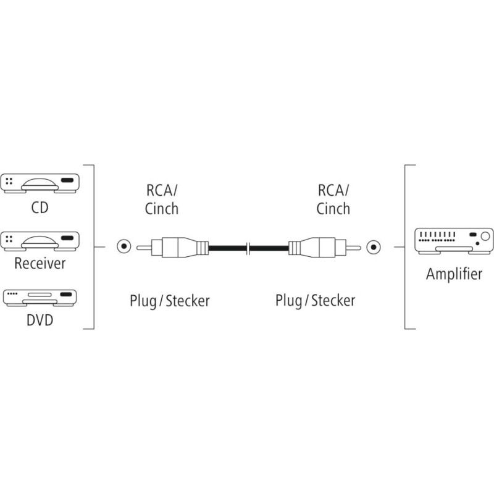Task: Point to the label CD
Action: coord(40,207)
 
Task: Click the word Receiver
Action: coord(40,264)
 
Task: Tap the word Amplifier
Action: coord(454,274)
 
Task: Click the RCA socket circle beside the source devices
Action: coord(125,248)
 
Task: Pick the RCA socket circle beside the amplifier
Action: coord(373,248)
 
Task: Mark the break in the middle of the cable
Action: coord(248,248)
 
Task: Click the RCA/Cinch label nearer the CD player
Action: coord(162,199)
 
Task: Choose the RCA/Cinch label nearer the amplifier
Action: coord(333,199)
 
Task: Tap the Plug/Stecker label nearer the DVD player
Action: coord(169,301)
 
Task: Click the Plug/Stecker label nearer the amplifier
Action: coord(315,301)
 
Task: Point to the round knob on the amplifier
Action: coord(485,237)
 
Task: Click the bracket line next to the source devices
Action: coord(93,247)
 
